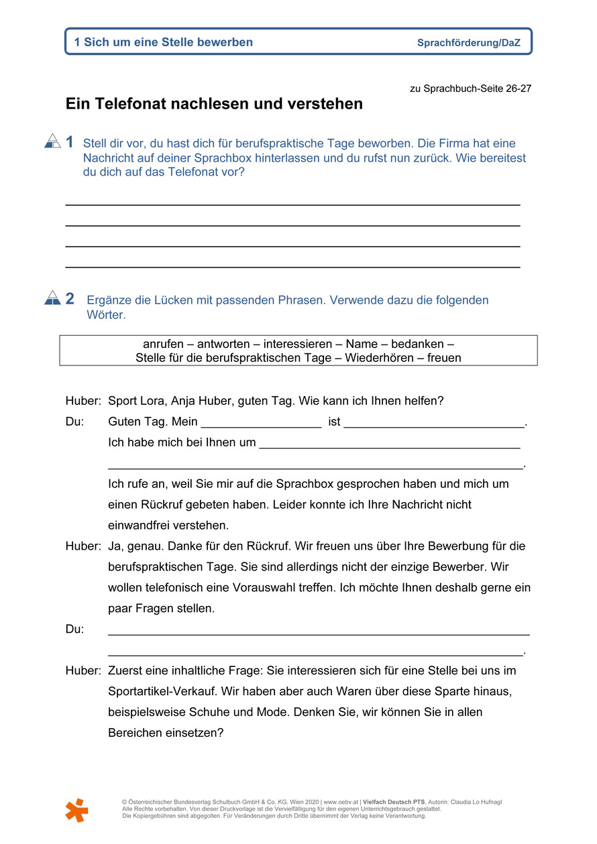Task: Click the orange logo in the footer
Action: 76,810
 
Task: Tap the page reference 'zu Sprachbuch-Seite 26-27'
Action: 470,88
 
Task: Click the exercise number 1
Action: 70,142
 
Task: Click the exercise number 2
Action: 70,299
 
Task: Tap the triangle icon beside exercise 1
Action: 52,141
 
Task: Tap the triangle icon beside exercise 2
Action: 52,298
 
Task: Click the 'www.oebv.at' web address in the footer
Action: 340,802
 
